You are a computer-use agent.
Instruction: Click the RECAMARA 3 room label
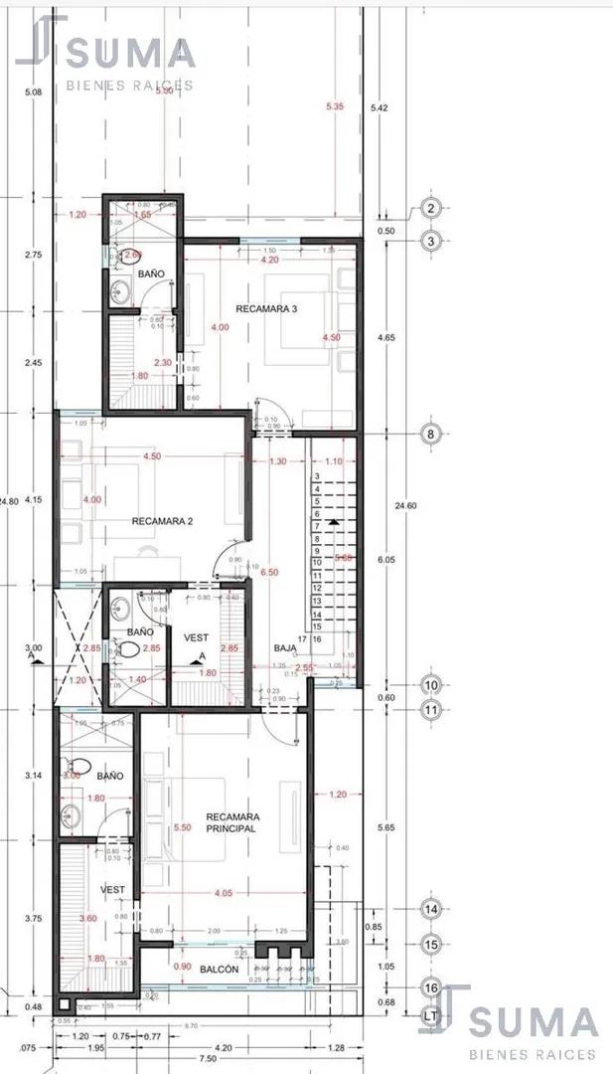266,309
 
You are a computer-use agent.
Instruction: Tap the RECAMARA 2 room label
162,520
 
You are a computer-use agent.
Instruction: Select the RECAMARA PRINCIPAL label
231,822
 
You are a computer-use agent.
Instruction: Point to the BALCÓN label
219,969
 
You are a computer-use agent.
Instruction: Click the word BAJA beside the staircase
286,648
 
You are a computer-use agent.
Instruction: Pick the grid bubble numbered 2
430,208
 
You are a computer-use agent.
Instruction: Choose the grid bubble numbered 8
430,434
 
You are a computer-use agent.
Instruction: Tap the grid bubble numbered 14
430,909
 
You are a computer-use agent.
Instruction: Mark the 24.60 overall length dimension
405,506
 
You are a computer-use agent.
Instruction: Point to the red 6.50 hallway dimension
268,574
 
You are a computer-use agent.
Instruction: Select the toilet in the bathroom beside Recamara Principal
81,767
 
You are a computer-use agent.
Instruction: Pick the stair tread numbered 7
317,526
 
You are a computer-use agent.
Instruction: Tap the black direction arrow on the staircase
336,521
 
